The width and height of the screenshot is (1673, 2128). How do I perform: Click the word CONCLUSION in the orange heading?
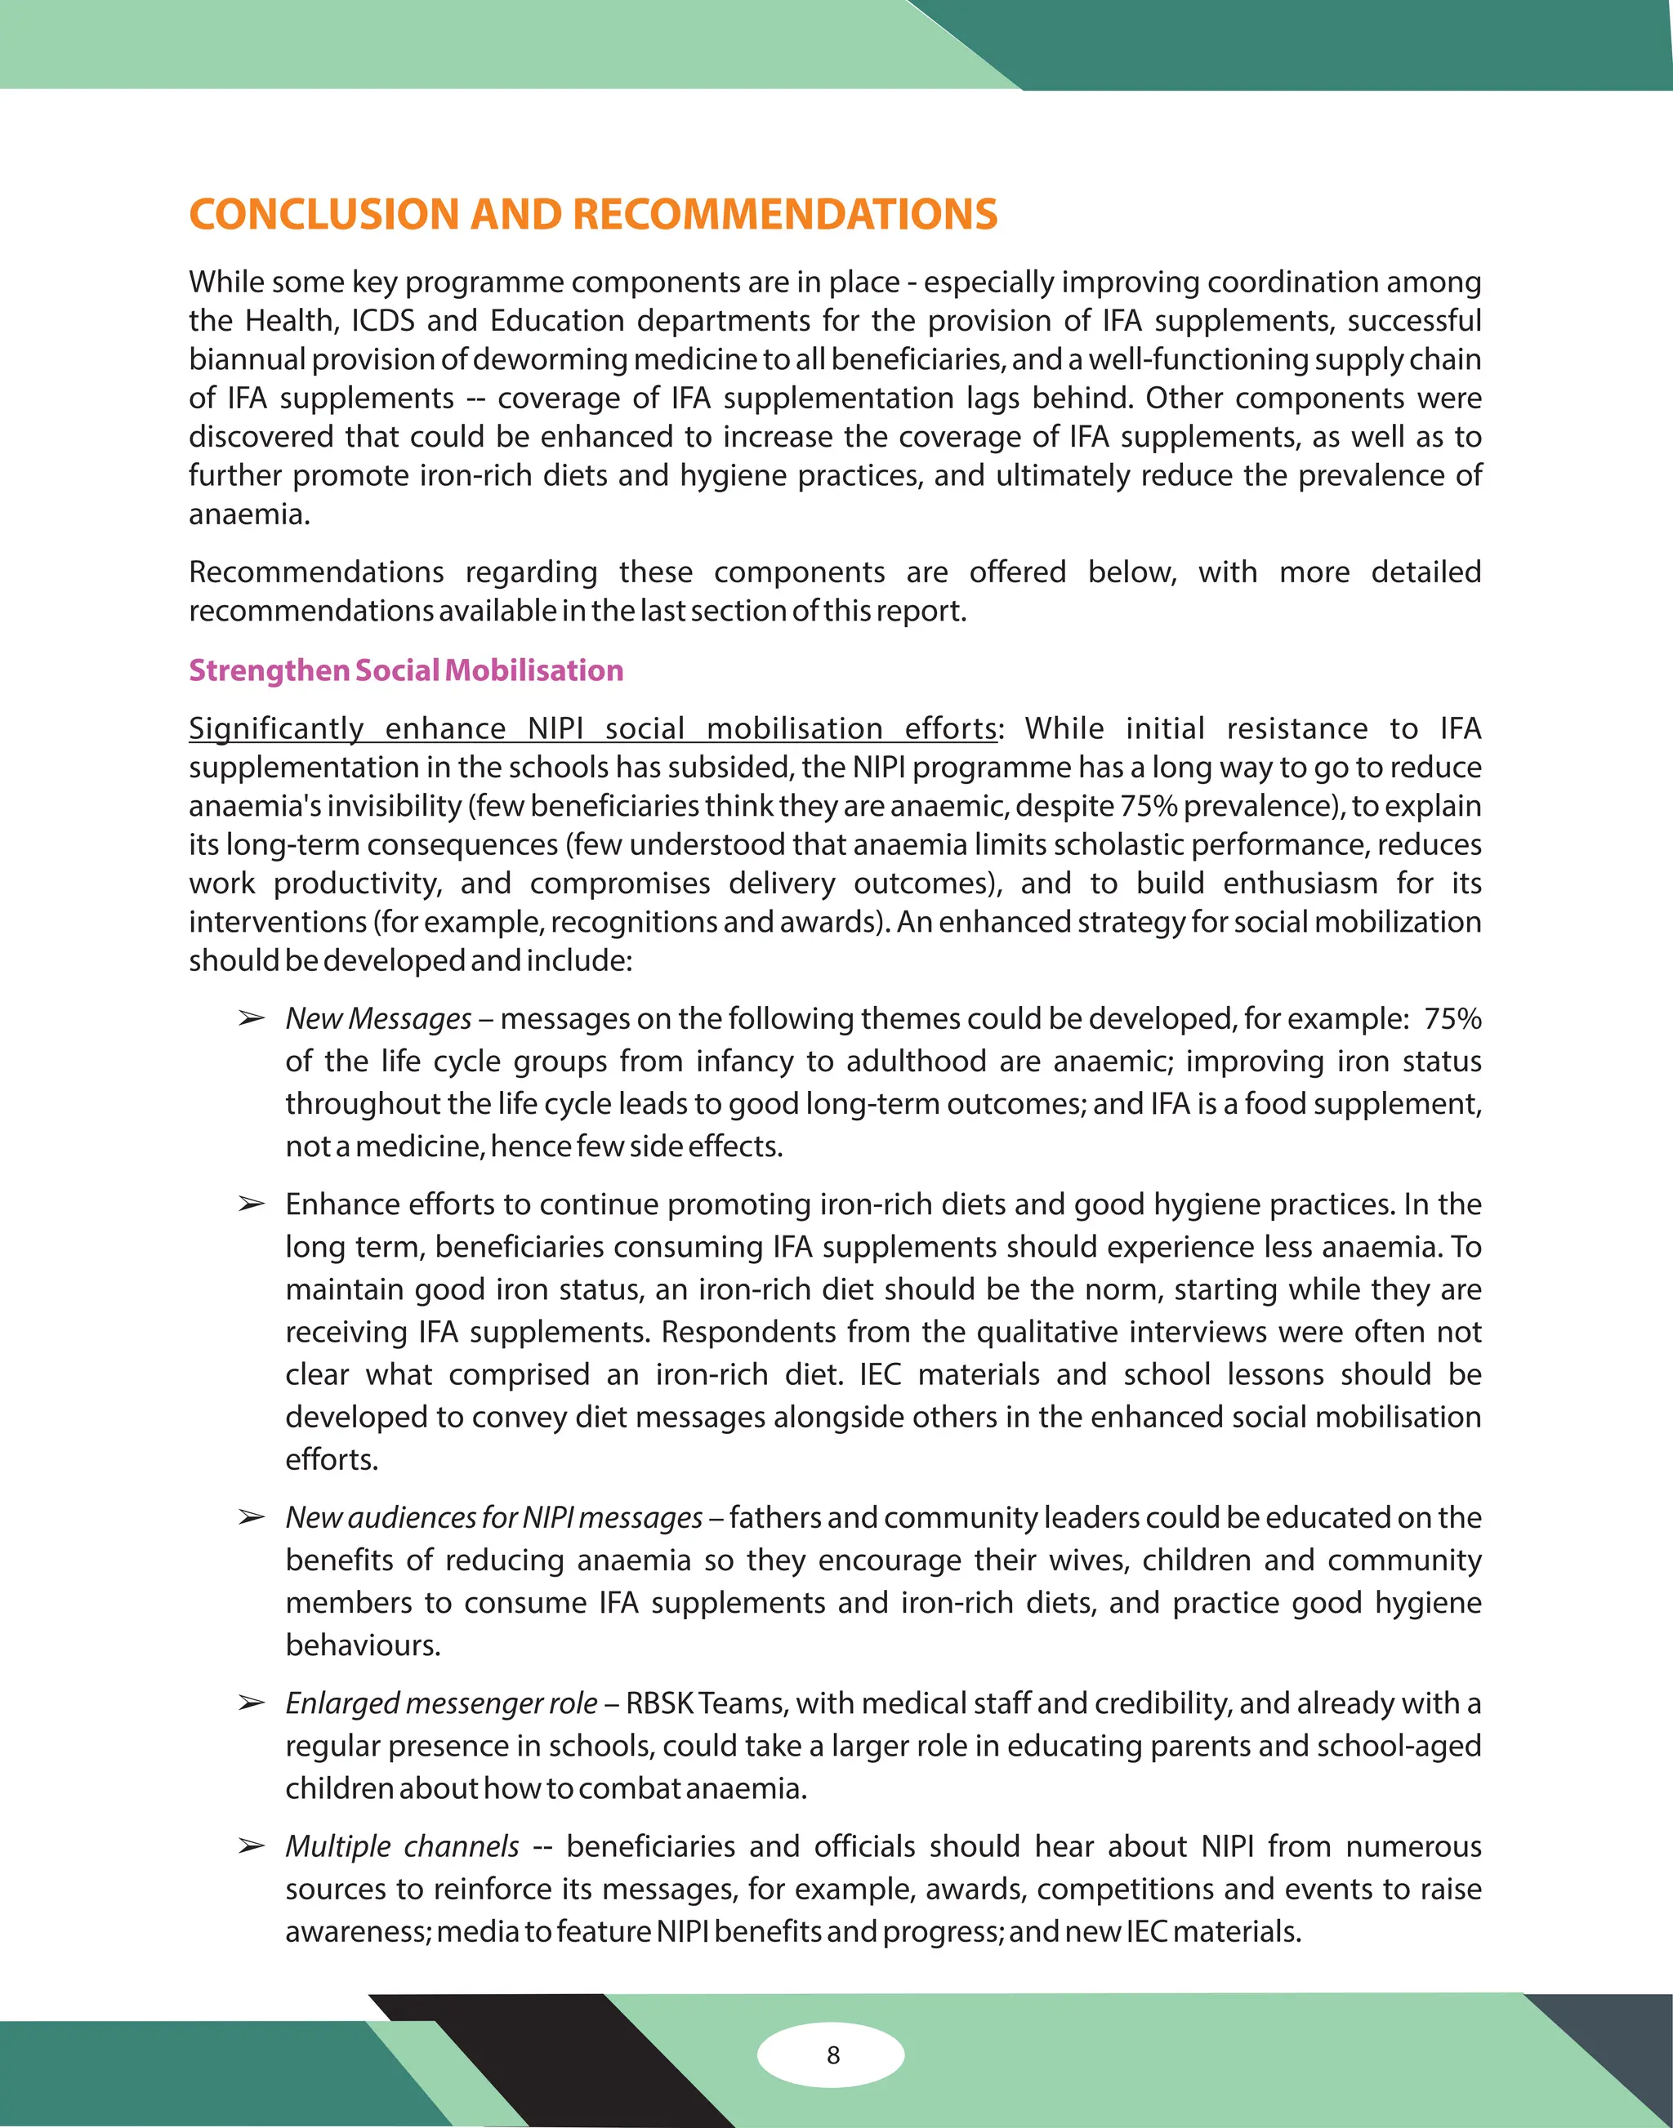click(x=323, y=215)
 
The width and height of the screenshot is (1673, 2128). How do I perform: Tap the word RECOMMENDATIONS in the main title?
click(x=784, y=215)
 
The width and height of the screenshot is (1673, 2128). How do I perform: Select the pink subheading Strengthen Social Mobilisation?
click(x=405, y=670)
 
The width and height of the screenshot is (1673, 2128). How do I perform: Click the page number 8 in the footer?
click(x=832, y=2055)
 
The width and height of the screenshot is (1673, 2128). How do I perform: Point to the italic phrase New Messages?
click(x=378, y=1018)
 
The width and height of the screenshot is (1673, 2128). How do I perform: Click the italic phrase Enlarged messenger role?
click(x=441, y=1703)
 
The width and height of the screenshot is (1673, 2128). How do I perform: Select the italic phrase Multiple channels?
click(x=402, y=1846)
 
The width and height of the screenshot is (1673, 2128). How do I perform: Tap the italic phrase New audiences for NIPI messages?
click(x=493, y=1517)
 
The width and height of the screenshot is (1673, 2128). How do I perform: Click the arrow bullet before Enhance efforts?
click(x=252, y=1204)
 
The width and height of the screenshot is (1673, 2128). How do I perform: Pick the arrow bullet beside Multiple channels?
click(x=252, y=1847)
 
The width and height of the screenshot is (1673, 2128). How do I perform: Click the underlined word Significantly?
click(x=275, y=728)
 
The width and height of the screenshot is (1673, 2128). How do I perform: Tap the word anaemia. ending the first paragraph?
click(x=249, y=514)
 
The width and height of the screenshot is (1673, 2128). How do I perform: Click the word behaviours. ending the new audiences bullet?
click(x=364, y=1645)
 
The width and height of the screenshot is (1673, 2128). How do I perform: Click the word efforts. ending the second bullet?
click(x=331, y=1459)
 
